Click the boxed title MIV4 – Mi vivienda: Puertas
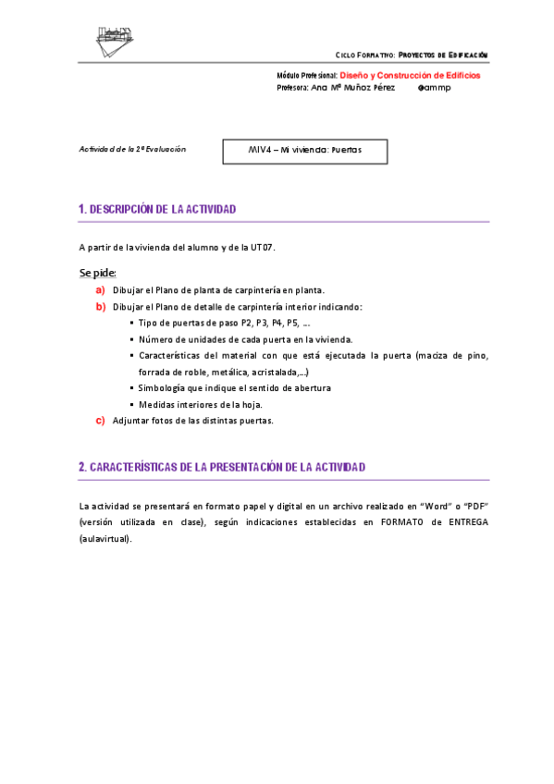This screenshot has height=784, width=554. click(x=305, y=150)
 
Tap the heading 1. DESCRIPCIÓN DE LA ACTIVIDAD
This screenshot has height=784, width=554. click(x=158, y=210)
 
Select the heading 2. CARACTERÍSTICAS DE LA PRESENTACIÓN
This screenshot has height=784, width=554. click(x=222, y=468)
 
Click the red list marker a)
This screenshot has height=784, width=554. click(x=100, y=290)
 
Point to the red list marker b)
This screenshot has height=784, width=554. click(x=100, y=306)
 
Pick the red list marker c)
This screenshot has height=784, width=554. click(x=100, y=421)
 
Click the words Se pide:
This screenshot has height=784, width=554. click(x=97, y=273)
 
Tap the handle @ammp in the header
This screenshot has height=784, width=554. click(x=435, y=88)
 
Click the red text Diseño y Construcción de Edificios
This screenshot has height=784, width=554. click(x=410, y=75)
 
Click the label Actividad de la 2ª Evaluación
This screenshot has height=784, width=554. click(x=132, y=149)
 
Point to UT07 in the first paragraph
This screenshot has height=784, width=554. click(x=262, y=247)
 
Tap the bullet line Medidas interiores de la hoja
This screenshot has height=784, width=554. click(x=200, y=404)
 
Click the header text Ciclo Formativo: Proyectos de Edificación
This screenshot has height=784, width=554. click(x=411, y=55)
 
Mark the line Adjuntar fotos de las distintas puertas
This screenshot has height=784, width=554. click(x=192, y=421)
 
